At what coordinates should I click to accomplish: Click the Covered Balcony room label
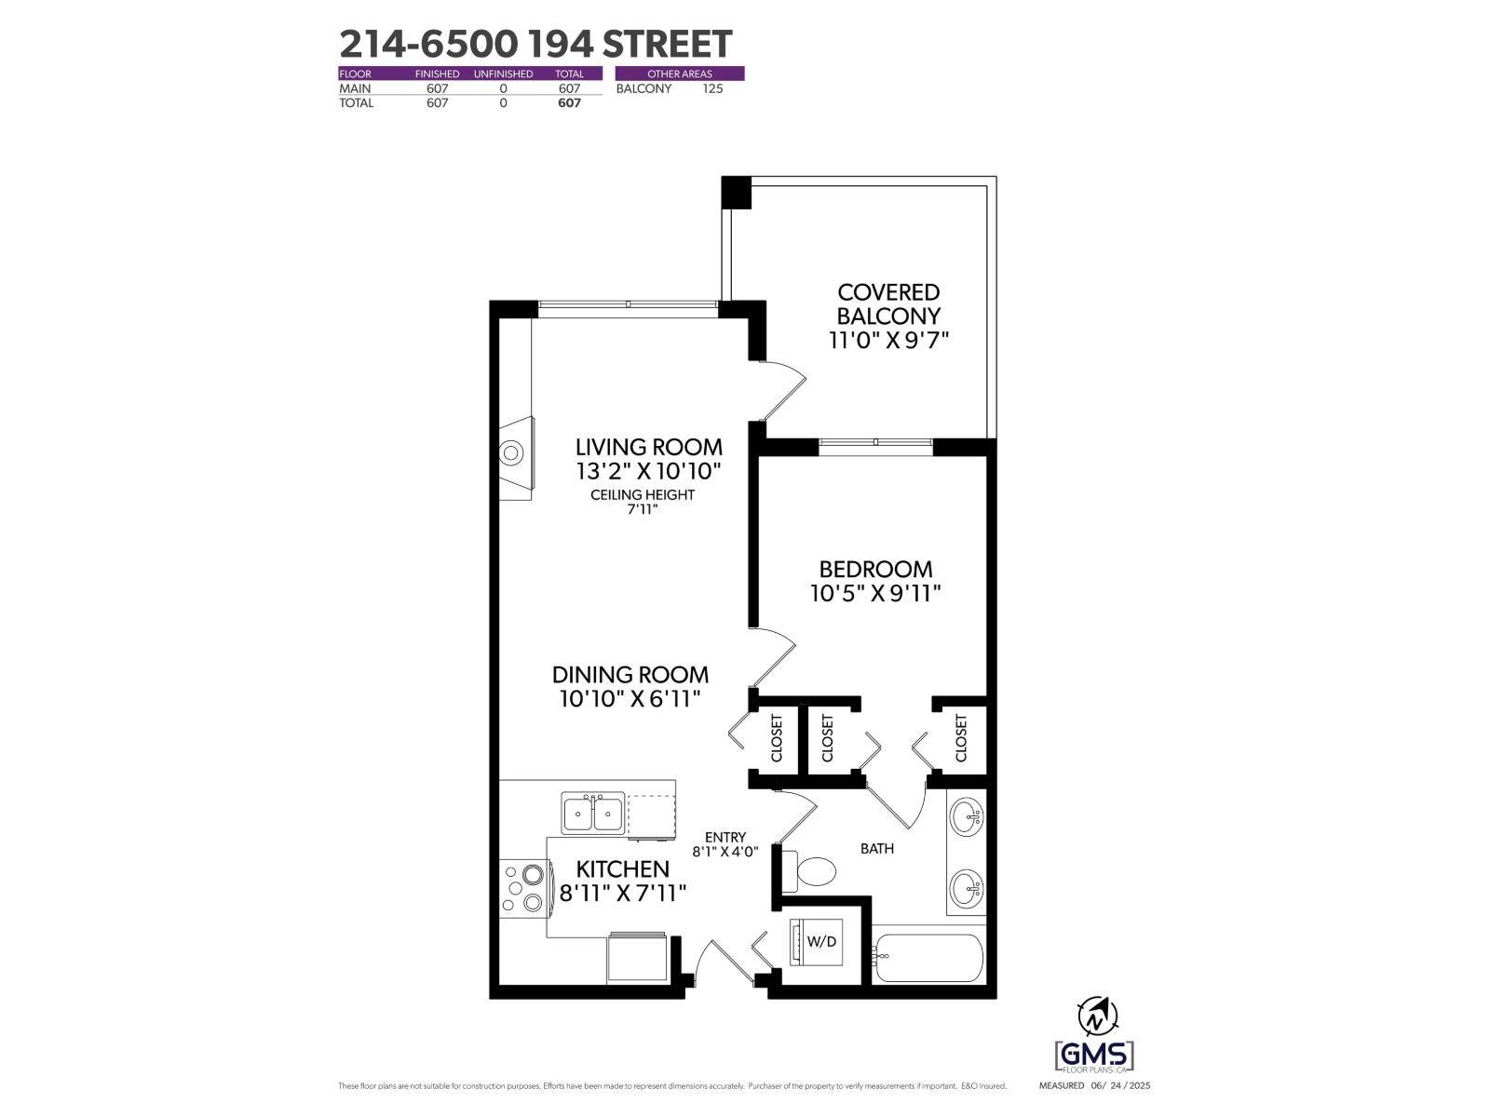coord(888,304)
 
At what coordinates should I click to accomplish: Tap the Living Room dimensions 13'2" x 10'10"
coord(648,471)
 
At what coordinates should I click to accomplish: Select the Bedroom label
coord(874,569)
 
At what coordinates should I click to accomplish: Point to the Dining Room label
coord(630,675)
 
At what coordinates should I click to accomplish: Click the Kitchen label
coord(622,869)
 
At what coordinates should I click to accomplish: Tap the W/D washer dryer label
coord(821,941)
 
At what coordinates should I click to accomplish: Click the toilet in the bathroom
coord(813,871)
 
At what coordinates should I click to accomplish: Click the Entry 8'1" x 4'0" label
coord(725,844)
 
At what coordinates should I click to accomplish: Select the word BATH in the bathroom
coord(877,849)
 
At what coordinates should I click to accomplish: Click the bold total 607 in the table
coord(568,103)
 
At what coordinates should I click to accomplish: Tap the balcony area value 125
coord(712,88)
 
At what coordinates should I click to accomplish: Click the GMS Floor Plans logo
coord(1094,1056)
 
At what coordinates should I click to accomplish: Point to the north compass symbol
coord(1097,1015)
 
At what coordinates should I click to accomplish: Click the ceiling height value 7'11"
coord(643,509)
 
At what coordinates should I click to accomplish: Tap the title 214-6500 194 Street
coord(535,44)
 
